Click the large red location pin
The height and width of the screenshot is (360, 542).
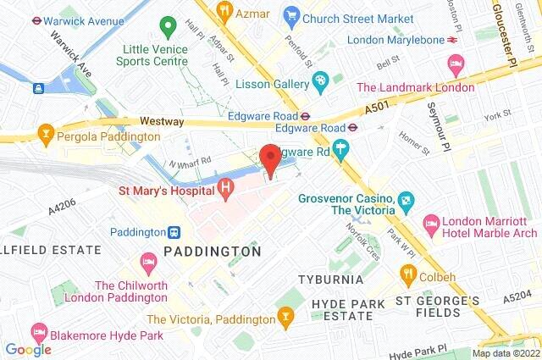point(270,159)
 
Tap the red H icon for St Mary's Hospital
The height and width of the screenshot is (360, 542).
point(225,188)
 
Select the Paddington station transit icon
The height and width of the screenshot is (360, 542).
point(174,231)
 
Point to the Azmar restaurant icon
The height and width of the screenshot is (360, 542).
point(224,12)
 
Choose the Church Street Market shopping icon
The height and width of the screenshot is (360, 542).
point(292,14)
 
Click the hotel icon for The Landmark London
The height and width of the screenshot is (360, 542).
point(456,64)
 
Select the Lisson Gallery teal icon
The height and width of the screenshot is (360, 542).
point(321,81)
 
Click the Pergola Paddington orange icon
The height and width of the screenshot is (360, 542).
point(46,133)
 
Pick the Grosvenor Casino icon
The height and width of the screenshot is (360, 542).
point(406,200)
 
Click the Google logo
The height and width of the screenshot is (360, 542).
point(28,349)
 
